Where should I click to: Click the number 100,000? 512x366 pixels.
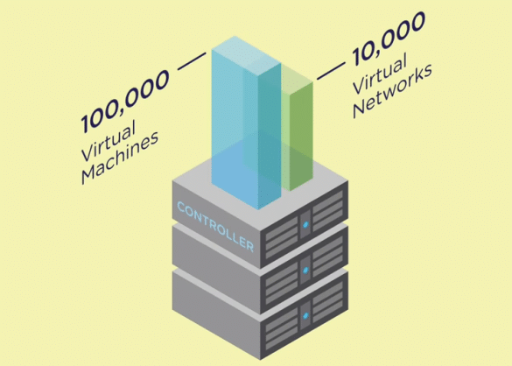point(125,102)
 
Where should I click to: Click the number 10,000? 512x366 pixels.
point(389,38)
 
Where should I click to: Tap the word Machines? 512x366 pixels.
point(120,158)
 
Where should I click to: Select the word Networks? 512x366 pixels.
point(393,90)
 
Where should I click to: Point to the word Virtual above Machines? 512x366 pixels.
point(109,141)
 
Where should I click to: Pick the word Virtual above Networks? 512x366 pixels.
point(381,73)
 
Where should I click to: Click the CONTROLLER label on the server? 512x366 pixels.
point(215,227)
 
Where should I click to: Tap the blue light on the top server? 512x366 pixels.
point(305,224)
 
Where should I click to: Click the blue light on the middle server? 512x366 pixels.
point(305,270)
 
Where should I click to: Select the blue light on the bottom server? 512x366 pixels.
point(305,316)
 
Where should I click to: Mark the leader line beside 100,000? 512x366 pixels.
point(192,61)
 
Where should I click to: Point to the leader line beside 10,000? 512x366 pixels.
point(331,71)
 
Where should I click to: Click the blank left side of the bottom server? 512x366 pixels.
point(216,312)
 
